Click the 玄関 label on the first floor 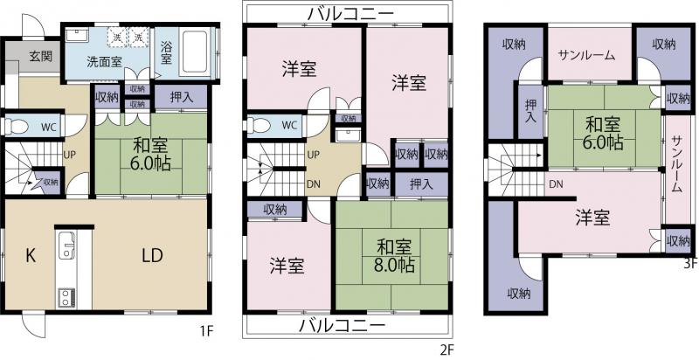point(40,57)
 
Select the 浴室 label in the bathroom point(166,53)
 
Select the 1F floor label point(206,333)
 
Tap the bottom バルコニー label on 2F point(342,325)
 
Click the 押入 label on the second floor point(420,183)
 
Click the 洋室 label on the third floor point(592,218)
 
